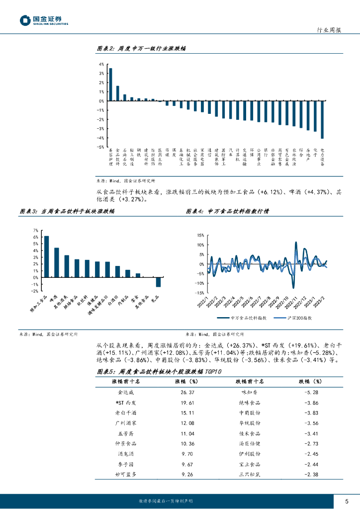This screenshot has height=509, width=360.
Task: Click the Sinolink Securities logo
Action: point(44,20)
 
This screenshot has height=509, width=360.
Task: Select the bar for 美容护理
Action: point(110,85)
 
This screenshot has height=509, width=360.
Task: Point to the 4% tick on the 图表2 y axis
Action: point(101,65)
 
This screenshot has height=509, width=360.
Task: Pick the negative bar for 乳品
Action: point(158,282)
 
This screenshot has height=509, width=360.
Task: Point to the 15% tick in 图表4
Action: point(200,235)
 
